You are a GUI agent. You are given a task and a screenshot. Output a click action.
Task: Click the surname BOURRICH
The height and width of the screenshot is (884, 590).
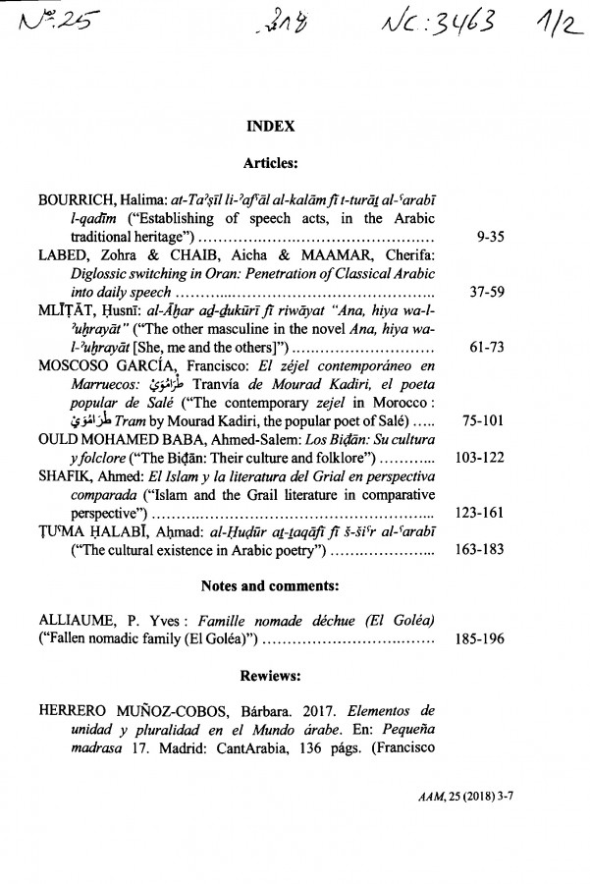point(81,201)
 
